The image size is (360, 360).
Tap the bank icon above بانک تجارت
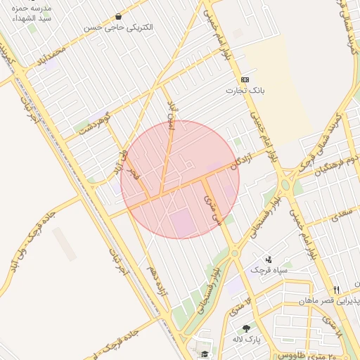click(245, 79)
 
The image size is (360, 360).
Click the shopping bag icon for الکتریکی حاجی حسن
click(117, 16)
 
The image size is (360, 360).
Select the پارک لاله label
click(248, 339)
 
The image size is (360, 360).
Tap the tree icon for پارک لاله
click(246, 328)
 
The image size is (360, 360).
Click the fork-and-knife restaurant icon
click(337, 290)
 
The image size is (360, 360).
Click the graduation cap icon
click(205, 354)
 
